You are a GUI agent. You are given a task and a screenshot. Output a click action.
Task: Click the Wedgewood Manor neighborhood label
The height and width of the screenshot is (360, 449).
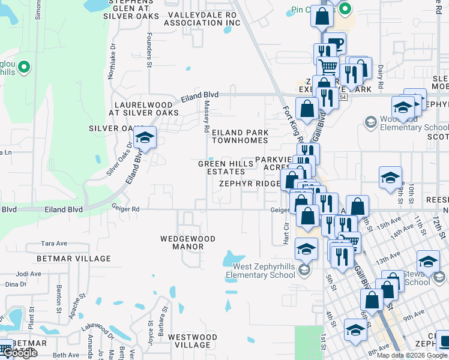(x=188, y=242)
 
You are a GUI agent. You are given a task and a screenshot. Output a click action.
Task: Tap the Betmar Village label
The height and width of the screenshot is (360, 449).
(x=74, y=259)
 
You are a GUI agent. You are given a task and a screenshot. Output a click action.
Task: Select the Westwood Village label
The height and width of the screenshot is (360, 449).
(x=188, y=341)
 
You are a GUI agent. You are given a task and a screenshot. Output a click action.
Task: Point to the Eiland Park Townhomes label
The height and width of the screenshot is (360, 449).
(x=239, y=136)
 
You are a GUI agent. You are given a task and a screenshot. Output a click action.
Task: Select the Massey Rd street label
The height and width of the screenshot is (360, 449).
(x=206, y=116)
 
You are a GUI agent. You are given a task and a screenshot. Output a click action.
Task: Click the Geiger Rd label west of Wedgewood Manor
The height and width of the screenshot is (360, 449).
(x=125, y=208)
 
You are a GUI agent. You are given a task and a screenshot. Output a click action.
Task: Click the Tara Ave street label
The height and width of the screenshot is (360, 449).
(x=53, y=244)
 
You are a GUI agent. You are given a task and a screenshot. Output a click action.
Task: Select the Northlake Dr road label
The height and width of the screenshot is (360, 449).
(x=111, y=65)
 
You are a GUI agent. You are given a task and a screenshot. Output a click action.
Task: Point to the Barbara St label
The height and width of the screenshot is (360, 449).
(x=161, y=316)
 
